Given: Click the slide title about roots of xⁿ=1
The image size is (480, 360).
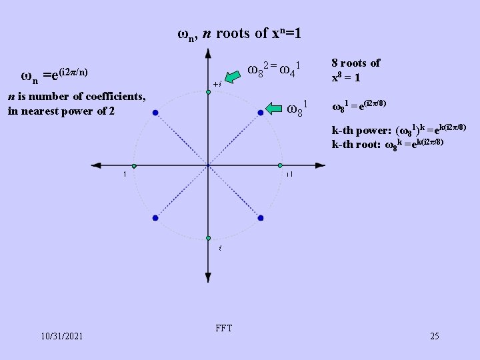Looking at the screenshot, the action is coord(239,33).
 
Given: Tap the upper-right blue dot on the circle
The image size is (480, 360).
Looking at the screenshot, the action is coord(260,113).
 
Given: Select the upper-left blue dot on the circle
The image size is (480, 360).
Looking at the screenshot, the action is coord(155,113).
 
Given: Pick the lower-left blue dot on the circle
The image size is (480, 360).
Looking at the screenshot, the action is coord(155,218).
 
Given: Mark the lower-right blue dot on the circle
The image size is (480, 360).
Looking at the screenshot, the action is coord(260,218).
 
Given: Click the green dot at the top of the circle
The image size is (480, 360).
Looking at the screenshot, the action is coord(208,92).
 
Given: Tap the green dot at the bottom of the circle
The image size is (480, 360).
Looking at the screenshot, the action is coord(208,238).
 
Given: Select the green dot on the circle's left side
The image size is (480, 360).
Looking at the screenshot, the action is coord(134,165).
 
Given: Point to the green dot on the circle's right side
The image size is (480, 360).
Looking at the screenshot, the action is coord(281,165).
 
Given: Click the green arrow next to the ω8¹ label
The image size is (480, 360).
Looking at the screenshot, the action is coord(275,107).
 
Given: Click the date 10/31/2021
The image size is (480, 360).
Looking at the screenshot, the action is coord(61,336).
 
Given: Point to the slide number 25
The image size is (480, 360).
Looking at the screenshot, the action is coord(435,336).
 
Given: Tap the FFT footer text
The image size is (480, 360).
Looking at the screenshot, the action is coord(225,328).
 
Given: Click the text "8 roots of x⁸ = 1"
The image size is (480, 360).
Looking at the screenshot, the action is coord(355,70).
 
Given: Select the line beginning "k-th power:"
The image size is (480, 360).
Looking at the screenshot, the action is coord(399,128).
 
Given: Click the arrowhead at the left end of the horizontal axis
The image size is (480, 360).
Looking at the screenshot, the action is coord(96,165).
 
